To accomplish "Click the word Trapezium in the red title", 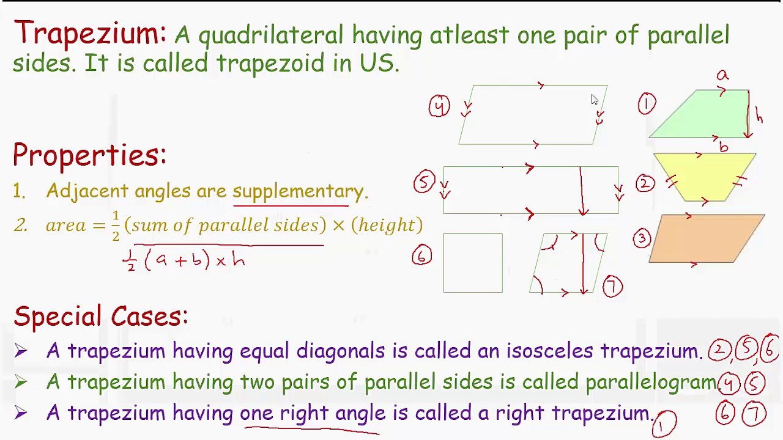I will click(x=89, y=33).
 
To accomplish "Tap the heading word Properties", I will click(x=89, y=155).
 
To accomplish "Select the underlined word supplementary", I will click(x=298, y=191).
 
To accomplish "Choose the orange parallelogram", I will click(x=707, y=238).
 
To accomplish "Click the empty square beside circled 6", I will click(x=473, y=263).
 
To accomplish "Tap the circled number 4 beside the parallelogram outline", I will click(x=439, y=106).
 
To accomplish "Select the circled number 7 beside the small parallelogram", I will click(x=612, y=287).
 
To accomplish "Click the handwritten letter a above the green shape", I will click(x=722, y=75).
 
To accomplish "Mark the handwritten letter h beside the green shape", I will click(x=759, y=116).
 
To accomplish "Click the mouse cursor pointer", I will click(x=595, y=100).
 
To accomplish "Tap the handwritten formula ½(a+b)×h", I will click(x=184, y=260).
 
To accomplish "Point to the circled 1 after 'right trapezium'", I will click(x=664, y=423).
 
